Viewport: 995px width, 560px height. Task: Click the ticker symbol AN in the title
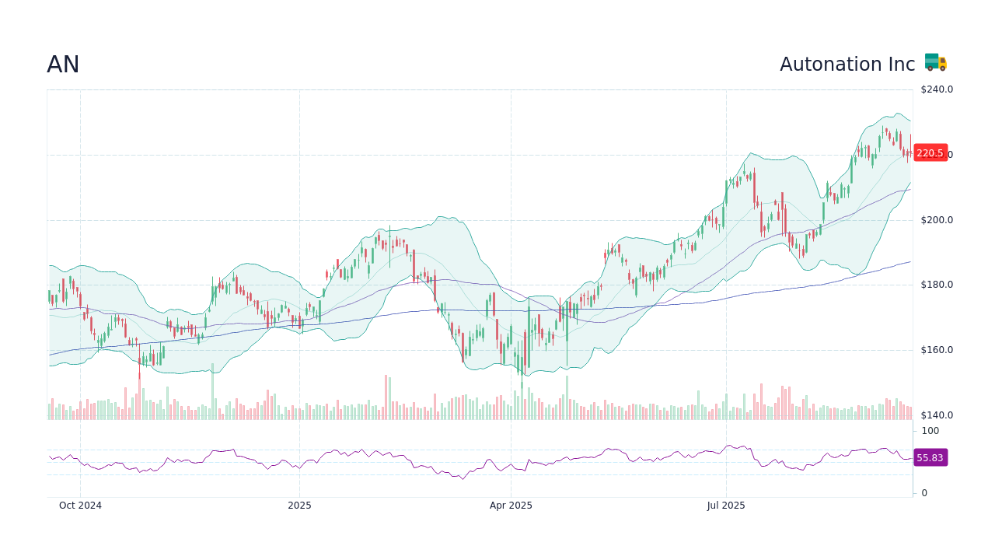coord(63,65)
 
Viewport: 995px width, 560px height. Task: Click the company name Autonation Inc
coord(847,65)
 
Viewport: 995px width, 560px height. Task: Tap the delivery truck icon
coord(935,63)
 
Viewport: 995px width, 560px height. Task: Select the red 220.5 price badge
coord(930,153)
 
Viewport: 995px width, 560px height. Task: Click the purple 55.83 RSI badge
coord(930,458)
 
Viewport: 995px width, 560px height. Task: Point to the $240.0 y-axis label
coord(937,89)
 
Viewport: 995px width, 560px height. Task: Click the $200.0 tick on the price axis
coord(937,220)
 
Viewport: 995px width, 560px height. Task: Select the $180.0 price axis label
coord(937,285)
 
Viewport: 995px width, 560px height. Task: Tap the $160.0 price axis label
coord(937,350)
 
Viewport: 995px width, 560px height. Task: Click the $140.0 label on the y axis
coord(937,415)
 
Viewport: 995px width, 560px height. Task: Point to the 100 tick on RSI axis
coord(930,431)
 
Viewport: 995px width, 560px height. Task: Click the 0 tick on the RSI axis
coord(924,493)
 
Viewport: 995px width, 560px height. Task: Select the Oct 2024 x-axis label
coord(80,506)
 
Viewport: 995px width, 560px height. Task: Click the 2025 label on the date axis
coord(299,506)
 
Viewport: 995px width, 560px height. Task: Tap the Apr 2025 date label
coord(511,506)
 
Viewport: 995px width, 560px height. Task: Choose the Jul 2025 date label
coord(726,506)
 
